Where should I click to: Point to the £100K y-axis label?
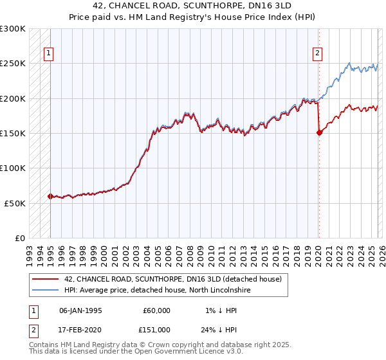[x=13, y=168]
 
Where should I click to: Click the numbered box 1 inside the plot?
[x=48, y=54]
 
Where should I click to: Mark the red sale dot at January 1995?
[x=50, y=196]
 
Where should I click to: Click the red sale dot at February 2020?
[x=318, y=133]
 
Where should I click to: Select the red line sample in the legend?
[x=45, y=279]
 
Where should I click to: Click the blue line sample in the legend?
[x=45, y=290]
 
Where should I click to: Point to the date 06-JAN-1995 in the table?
[x=80, y=310]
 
